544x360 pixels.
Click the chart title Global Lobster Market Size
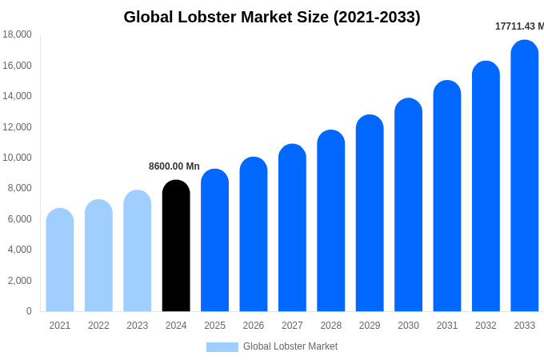pyautogui.click(x=271, y=17)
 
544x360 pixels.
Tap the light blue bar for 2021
pyautogui.click(x=60, y=260)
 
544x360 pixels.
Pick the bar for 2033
pyautogui.click(x=524, y=176)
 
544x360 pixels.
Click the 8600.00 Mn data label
pyautogui.click(x=174, y=166)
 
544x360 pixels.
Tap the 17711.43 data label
pyautogui.click(x=519, y=26)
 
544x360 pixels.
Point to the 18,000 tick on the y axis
pyautogui.click(x=18, y=34)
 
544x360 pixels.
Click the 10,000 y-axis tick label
pyautogui.click(x=18, y=158)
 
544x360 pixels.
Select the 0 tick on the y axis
pyautogui.click(x=29, y=311)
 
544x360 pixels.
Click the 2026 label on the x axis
pyautogui.click(x=254, y=326)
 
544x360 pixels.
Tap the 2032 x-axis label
pyautogui.click(x=486, y=326)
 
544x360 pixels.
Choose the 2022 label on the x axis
pyautogui.click(x=98, y=326)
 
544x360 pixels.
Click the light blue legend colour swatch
pyautogui.click(x=222, y=347)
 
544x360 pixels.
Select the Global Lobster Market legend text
pyautogui.click(x=290, y=346)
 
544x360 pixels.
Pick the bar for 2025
pyautogui.click(x=214, y=240)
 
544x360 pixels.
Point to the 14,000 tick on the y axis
pyautogui.click(x=18, y=96)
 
